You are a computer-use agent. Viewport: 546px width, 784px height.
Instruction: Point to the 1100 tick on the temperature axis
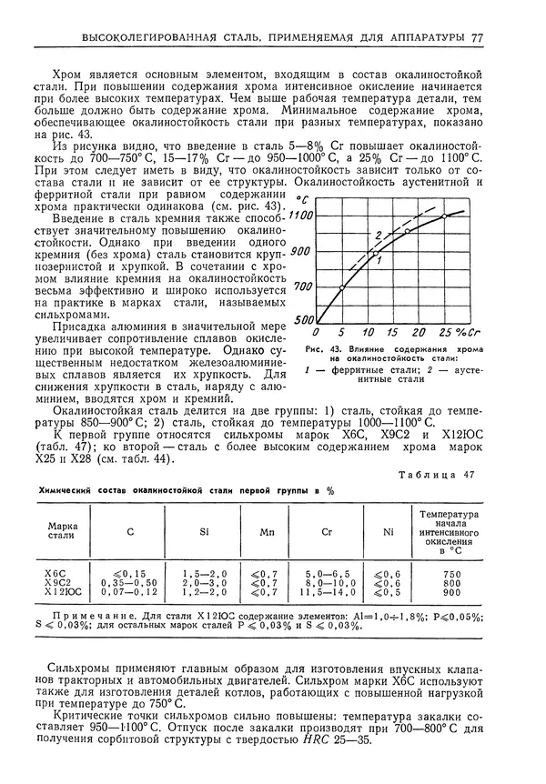302,216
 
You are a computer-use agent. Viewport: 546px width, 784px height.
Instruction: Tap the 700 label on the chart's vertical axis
303,286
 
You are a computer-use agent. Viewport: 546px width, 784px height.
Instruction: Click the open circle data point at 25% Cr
444,216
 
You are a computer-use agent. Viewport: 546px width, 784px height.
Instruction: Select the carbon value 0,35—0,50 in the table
132,582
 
